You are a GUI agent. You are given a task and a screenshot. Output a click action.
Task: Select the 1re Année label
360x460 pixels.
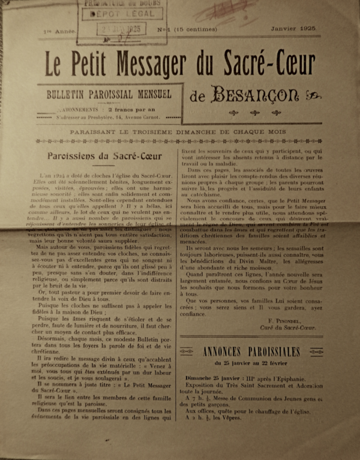point(59,29)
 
